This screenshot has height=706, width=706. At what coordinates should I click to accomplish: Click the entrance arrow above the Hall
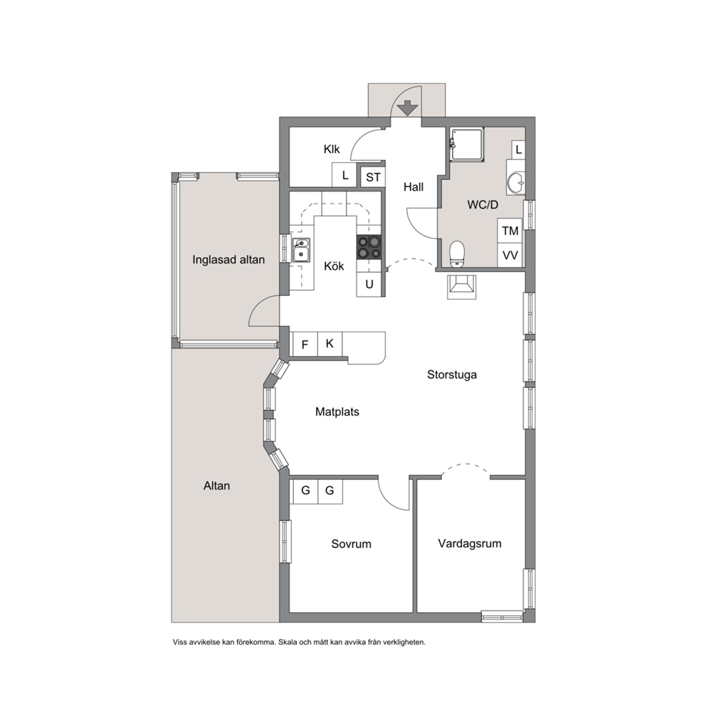(x=408, y=108)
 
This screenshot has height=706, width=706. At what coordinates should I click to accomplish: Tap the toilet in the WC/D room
(x=457, y=253)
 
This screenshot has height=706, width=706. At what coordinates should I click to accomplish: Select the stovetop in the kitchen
(x=369, y=248)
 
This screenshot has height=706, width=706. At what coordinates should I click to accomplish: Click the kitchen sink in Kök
(x=301, y=251)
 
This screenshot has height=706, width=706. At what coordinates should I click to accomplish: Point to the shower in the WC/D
(x=467, y=144)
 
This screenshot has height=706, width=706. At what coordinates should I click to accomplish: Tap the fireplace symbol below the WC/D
(x=461, y=287)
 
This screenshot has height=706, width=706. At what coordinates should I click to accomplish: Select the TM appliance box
(x=510, y=231)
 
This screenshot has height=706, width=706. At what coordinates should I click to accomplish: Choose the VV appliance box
(x=510, y=255)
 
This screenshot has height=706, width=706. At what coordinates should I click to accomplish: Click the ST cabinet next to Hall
(x=373, y=177)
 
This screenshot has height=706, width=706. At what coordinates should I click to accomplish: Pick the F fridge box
(x=305, y=345)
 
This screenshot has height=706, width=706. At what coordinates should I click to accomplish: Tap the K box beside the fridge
(x=330, y=344)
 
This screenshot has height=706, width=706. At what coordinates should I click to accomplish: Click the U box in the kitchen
(x=369, y=285)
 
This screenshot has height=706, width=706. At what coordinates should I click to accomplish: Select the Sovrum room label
(x=351, y=544)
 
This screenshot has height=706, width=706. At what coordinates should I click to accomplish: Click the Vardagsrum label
(x=470, y=544)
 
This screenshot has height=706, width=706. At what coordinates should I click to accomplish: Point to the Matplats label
(x=337, y=412)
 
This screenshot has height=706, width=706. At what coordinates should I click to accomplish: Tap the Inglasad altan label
(x=228, y=260)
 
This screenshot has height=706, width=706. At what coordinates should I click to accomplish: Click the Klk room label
(x=332, y=149)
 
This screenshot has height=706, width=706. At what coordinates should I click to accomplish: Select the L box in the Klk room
(x=345, y=175)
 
